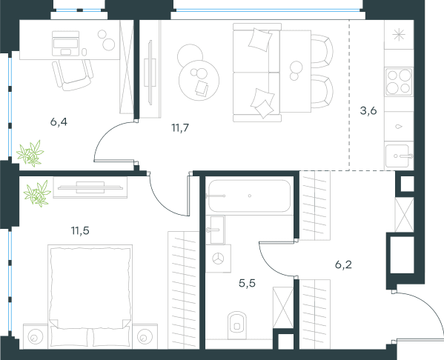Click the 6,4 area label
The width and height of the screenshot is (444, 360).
coord(59,122)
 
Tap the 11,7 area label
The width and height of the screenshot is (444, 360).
coord(180,128)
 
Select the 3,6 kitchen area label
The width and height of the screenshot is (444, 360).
coord(368,110)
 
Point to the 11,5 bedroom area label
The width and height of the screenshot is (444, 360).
coord(80,230)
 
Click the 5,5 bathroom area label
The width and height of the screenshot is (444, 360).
coord(247,283)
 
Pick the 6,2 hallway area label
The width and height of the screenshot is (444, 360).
coord(343,264)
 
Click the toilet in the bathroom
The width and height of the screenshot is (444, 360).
coord(237,325)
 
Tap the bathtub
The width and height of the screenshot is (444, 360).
coord(250,196)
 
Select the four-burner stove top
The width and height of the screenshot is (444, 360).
coord(399,81)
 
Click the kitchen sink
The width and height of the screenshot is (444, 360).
coord(398,156)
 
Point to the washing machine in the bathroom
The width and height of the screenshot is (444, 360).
coord(219,259)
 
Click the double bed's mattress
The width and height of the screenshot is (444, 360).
coord(90,287)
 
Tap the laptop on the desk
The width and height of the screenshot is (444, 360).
coord(65,44)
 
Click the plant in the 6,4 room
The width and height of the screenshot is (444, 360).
coord(30,153)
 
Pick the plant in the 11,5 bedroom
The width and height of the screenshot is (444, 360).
coord(37,193)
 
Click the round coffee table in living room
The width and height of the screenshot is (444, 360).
coord(199,81)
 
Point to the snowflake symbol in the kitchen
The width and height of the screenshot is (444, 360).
coord(399,35)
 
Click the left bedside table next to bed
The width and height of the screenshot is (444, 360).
coord(36,336)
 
